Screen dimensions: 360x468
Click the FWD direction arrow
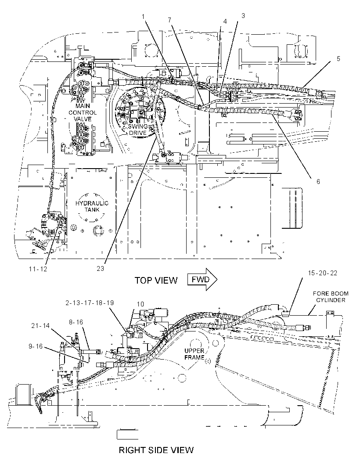pos(202,280)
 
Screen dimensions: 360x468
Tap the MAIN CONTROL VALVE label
pos(83,112)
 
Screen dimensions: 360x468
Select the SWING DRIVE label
pos(137,130)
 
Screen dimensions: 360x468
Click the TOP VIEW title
pos(156,281)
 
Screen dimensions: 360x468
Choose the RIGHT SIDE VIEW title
pos(156,450)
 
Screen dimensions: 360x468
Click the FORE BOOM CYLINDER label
pos(331,297)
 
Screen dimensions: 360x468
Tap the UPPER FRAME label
pos(194,354)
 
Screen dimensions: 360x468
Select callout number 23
pos(100,268)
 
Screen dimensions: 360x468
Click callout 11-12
pos(38,269)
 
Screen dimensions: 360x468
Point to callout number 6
pos(318,181)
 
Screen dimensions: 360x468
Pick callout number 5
pos(338,58)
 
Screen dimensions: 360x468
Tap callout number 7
pos(169,20)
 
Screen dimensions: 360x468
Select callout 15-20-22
pos(322,273)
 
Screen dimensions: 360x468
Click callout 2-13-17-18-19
pos(90,302)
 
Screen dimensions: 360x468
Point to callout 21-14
pos(40,326)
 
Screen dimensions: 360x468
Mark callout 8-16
pos(76,322)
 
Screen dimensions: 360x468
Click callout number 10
pos(140,304)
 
